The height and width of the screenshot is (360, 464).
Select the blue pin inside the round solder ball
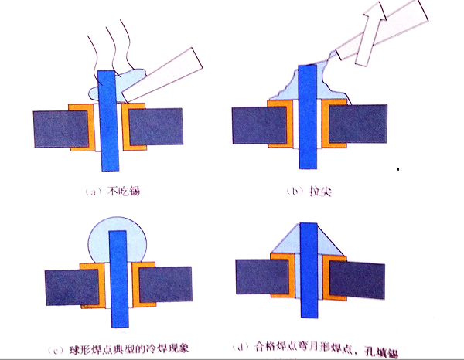[x=117, y=255]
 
